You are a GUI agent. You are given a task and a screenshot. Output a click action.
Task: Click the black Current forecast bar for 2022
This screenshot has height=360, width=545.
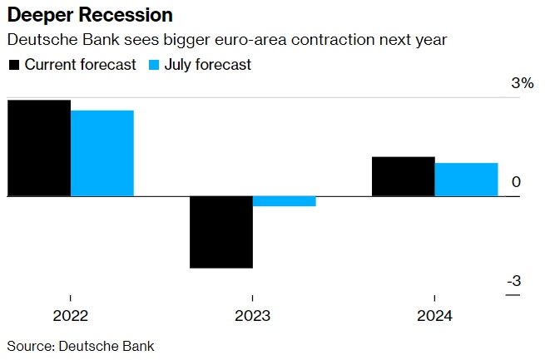[38, 148]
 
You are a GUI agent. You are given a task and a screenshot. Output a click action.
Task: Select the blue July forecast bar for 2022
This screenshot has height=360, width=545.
[102, 154]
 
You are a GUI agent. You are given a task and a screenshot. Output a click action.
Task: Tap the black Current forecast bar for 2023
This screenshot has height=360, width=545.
[221, 232]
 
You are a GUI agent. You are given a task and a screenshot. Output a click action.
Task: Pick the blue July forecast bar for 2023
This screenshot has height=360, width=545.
[285, 201]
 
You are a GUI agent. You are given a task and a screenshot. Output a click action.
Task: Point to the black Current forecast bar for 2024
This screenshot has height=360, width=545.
[403, 176]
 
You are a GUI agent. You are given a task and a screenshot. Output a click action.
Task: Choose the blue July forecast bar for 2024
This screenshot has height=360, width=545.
[466, 180]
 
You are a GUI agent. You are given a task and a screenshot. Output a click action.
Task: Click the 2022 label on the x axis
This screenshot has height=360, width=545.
[71, 316]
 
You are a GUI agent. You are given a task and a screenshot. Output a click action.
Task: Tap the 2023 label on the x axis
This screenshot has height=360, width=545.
[253, 316]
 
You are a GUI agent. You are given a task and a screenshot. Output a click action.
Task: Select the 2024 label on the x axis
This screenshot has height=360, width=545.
[434, 316]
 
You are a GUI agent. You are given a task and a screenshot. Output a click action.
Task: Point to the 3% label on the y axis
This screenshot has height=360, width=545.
[522, 83]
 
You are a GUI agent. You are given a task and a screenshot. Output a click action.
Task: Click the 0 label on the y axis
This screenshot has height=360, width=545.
[516, 182]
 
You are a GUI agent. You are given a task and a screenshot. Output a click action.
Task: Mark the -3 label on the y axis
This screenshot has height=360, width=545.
[515, 281]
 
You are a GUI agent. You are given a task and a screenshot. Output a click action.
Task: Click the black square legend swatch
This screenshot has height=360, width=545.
[14, 65]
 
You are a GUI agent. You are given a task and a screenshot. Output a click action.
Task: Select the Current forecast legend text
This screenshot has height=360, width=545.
[80, 65]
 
